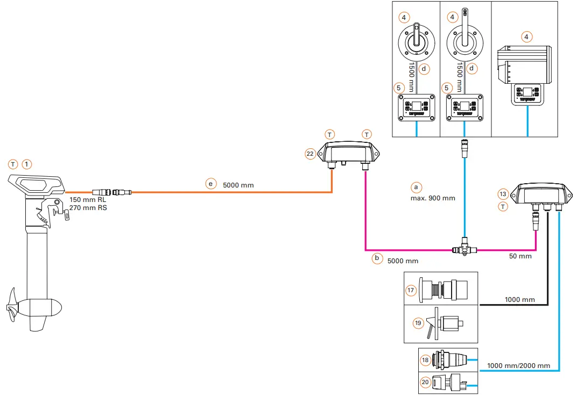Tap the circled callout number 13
pos(503,194)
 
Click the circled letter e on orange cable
pos(211,184)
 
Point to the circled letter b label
pos(377,259)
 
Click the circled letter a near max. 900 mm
pos(415,187)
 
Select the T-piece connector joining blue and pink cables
pos(465,248)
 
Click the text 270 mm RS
pos(88,207)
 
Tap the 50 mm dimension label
pos(520,256)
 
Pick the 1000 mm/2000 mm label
pos(519,365)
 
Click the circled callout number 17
pos(411,290)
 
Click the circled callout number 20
pos(426,381)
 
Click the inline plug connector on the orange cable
pos(111,192)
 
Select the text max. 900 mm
pos(433,198)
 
